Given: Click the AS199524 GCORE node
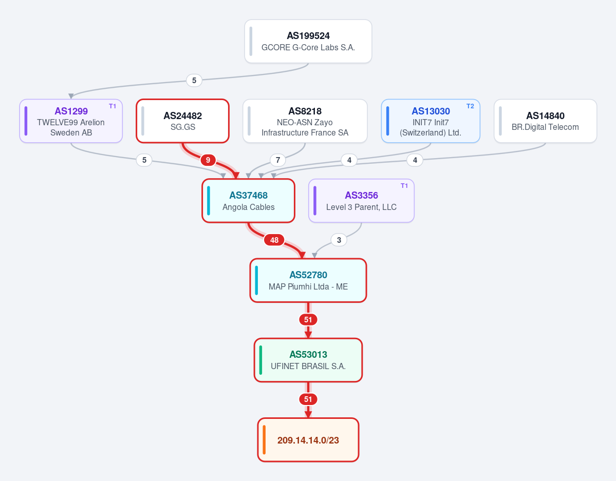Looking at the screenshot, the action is [308, 41].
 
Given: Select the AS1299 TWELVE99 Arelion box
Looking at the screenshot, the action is [71, 121].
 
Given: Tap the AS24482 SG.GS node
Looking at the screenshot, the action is [183, 121].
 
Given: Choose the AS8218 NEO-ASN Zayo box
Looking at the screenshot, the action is [305, 121].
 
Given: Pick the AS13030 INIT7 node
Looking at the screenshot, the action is [431, 121].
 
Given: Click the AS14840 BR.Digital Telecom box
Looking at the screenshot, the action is [545, 121].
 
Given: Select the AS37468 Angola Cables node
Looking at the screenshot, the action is [248, 201].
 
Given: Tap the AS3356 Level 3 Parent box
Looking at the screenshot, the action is [361, 201].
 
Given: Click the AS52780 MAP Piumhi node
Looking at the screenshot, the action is [308, 280].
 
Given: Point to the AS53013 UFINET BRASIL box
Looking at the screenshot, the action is [308, 360].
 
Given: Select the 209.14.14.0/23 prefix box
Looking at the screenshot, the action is [308, 440].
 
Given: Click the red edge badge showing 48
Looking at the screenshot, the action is [274, 240].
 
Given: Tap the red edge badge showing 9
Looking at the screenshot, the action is [208, 160].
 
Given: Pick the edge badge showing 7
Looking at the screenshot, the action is [278, 160].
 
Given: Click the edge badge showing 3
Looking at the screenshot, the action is [339, 240].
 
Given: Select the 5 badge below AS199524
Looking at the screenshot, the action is [194, 81].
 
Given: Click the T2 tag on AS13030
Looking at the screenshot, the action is [470, 106].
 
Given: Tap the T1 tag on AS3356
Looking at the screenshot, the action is [404, 186].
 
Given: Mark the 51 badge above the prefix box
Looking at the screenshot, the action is [308, 399].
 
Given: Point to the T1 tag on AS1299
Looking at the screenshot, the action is [113, 106].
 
